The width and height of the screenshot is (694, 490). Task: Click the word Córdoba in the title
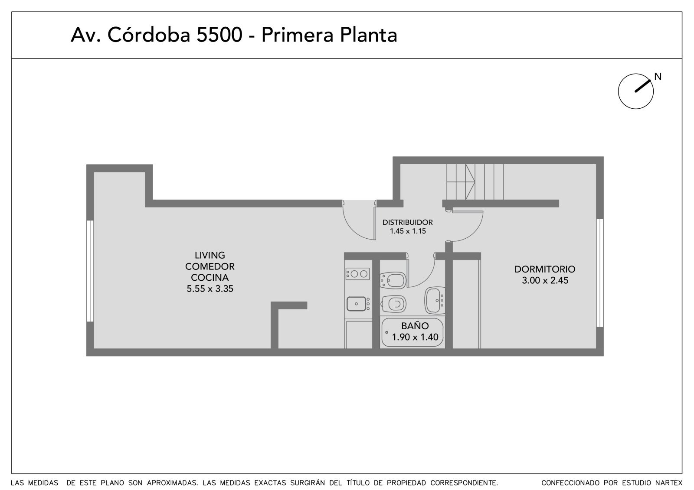click(x=149, y=35)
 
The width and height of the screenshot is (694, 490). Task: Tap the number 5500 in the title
click(x=219, y=35)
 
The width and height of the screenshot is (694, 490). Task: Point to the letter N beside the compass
click(x=658, y=76)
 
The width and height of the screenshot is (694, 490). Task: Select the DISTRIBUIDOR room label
click(x=407, y=222)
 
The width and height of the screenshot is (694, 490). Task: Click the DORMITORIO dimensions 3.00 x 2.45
click(x=545, y=280)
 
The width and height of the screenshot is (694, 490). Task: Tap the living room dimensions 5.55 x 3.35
click(x=210, y=289)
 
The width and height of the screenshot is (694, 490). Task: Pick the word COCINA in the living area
click(x=210, y=277)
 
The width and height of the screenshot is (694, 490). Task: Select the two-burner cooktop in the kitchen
click(x=357, y=274)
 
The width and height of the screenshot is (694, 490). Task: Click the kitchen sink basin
click(x=356, y=304)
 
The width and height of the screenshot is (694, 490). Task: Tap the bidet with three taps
click(x=393, y=280)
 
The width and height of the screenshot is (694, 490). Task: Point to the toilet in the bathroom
click(x=393, y=304)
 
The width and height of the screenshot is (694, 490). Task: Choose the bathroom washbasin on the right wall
click(x=435, y=300)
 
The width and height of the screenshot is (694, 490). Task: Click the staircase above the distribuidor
click(x=475, y=182)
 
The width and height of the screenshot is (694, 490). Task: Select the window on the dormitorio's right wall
click(x=600, y=273)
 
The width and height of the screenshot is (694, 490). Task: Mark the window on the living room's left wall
click(x=90, y=271)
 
